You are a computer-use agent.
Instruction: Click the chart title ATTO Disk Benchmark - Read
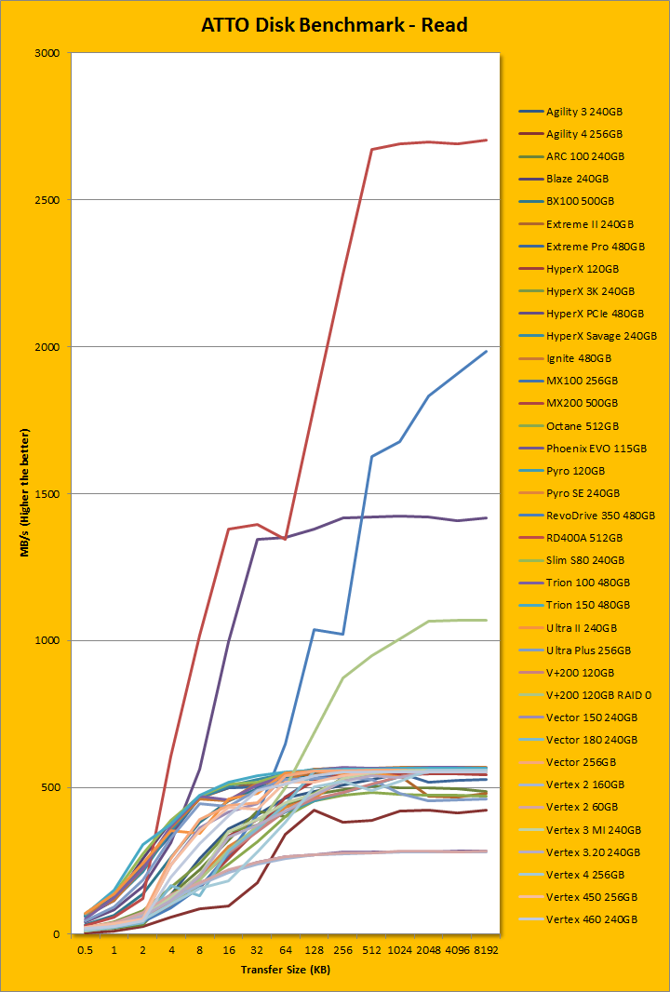(334, 25)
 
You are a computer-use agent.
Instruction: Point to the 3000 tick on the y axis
(46, 53)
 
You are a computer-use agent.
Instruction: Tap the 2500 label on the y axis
(46, 200)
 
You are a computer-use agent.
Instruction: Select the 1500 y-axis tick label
(46, 494)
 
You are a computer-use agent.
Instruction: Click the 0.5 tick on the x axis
(85, 950)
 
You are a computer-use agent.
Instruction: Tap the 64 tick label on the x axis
(286, 950)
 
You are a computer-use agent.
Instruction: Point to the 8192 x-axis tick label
(486, 950)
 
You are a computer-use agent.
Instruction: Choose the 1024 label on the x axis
(400, 950)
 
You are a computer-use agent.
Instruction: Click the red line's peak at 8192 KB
(486, 141)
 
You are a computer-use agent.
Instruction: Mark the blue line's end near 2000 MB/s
(486, 352)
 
